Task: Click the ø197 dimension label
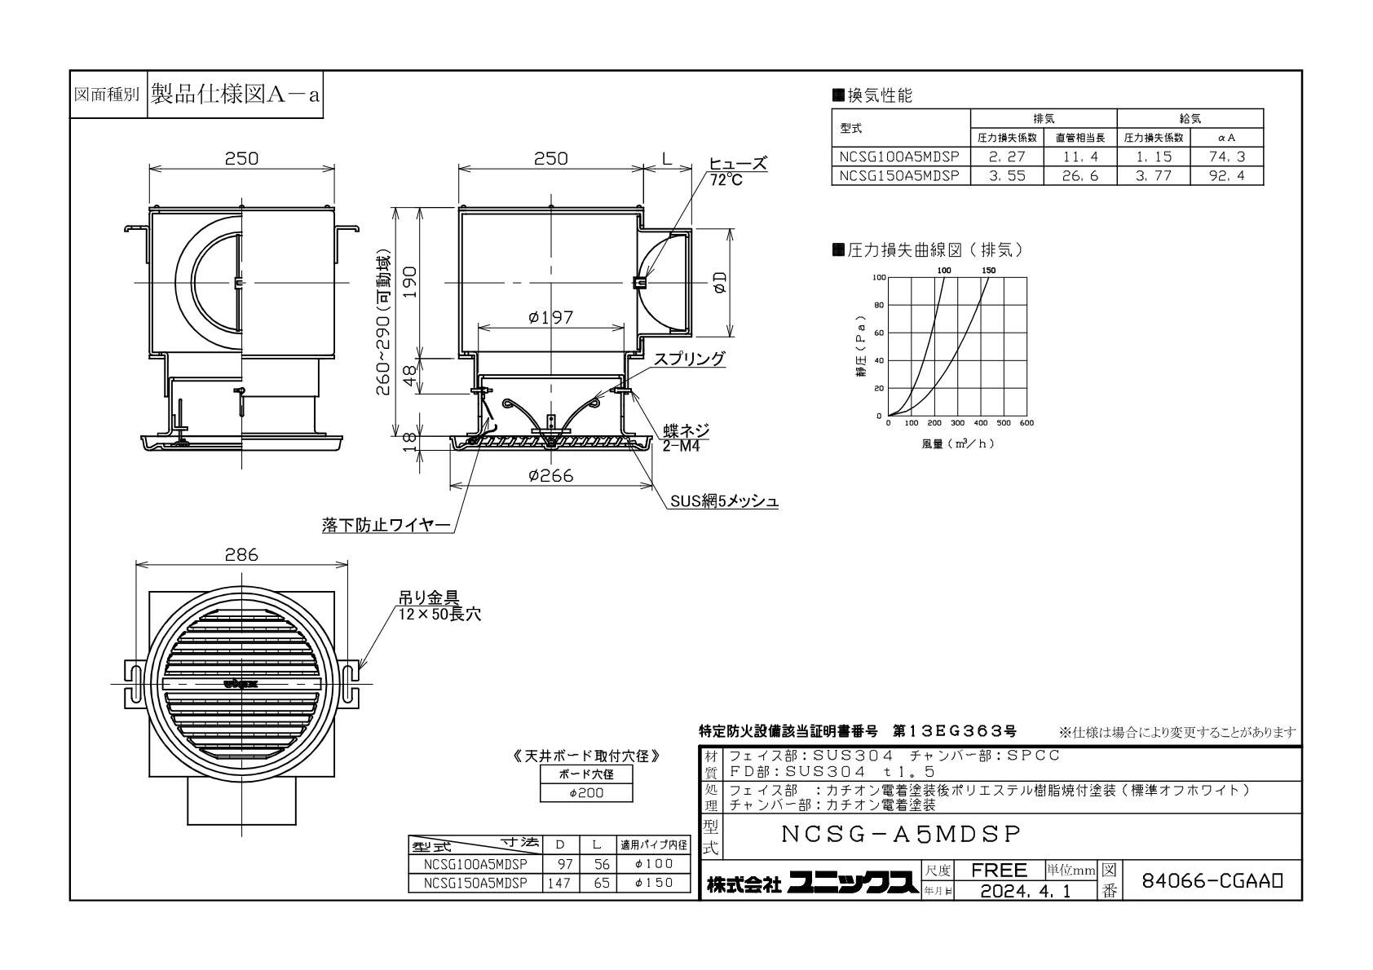(550, 317)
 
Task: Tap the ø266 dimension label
(550, 475)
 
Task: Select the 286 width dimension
(241, 554)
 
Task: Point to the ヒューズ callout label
(737, 164)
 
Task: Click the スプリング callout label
(689, 359)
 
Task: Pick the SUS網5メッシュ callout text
(724, 501)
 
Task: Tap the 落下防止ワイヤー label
(386, 525)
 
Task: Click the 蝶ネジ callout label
(686, 430)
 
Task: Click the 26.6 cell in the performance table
(1080, 176)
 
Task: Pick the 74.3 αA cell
(1226, 157)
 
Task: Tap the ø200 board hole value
(586, 793)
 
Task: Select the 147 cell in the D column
(559, 883)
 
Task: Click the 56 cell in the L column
(602, 864)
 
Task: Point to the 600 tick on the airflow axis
(1026, 423)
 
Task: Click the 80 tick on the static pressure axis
(879, 305)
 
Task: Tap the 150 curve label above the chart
(989, 271)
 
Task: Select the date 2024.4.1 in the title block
(1025, 891)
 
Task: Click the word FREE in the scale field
(999, 870)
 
